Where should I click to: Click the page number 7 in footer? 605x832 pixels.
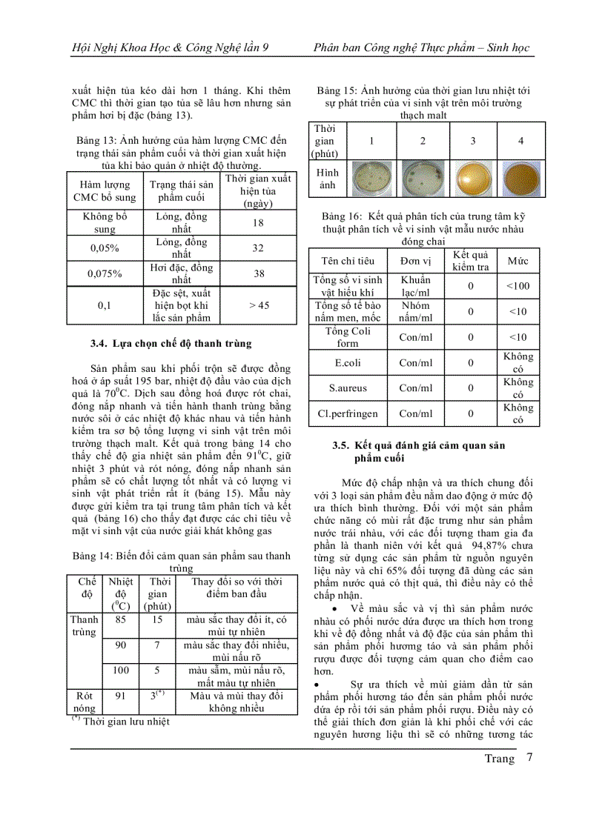529,757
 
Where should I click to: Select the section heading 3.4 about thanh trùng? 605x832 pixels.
171,343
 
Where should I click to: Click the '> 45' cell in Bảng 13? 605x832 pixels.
259,305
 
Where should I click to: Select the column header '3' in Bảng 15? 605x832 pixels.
472,141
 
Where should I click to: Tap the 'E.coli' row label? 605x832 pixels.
348,362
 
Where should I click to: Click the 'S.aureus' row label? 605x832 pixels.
348,387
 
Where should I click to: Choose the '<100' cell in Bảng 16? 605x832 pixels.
518,286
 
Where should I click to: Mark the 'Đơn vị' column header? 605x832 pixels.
415,261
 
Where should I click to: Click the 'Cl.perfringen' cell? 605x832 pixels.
348,413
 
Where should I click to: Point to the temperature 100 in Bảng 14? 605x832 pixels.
120,670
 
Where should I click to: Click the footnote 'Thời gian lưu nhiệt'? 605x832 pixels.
125,721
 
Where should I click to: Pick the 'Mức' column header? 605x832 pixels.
518,261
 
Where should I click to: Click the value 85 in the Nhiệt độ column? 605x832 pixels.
120,619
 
